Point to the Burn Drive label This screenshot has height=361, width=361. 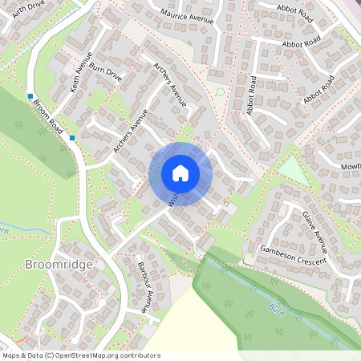click(x=106, y=73)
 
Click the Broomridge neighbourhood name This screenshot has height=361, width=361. click(x=59, y=264)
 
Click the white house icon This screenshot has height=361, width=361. click(x=180, y=172)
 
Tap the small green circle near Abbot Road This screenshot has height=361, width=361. click(x=221, y=91)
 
